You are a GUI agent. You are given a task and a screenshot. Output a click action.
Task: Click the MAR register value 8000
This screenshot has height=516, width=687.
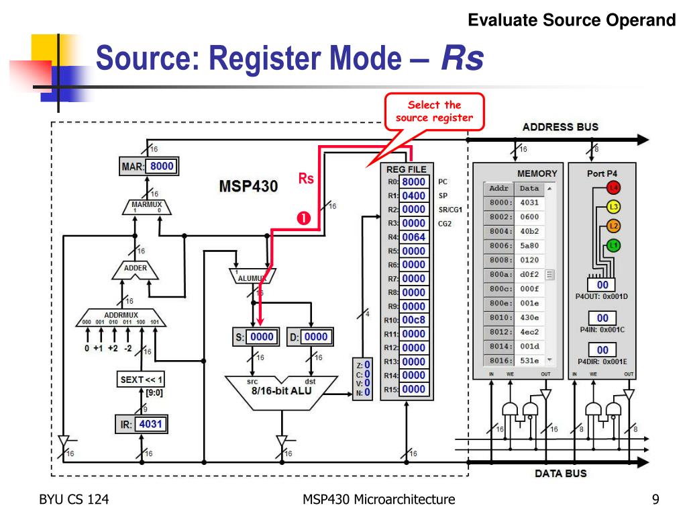[x=163, y=166]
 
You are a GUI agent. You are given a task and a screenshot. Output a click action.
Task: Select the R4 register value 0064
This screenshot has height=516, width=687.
[x=413, y=236]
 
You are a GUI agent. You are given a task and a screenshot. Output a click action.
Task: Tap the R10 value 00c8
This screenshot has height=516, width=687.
[x=413, y=320]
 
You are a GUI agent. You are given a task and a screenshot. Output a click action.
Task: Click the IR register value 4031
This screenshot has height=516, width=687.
[x=150, y=424]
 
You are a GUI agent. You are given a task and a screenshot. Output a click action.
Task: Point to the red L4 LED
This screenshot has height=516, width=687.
[x=613, y=187]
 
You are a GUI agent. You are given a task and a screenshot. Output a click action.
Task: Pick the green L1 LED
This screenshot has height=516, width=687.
[x=613, y=246]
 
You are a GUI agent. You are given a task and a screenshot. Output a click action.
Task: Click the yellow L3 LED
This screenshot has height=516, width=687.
[x=613, y=207]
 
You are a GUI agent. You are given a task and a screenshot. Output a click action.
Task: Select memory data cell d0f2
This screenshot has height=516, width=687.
[x=529, y=273]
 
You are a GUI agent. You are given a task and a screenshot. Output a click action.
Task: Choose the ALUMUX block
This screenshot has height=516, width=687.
[x=252, y=276]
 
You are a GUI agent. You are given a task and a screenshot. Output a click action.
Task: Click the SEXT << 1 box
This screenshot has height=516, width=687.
[x=142, y=379]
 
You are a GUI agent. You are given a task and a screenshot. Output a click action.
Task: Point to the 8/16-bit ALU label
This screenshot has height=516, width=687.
[x=281, y=390]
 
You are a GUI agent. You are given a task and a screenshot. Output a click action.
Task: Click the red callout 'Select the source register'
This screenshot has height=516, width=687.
[x=434, y=112]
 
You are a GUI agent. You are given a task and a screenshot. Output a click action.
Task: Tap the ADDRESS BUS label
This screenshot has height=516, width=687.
[x=560, y=126]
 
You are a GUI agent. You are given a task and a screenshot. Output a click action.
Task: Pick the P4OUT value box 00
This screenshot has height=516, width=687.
[x=602, y=285]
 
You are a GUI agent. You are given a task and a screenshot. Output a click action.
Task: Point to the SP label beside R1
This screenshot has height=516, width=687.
[x=443, y=196]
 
